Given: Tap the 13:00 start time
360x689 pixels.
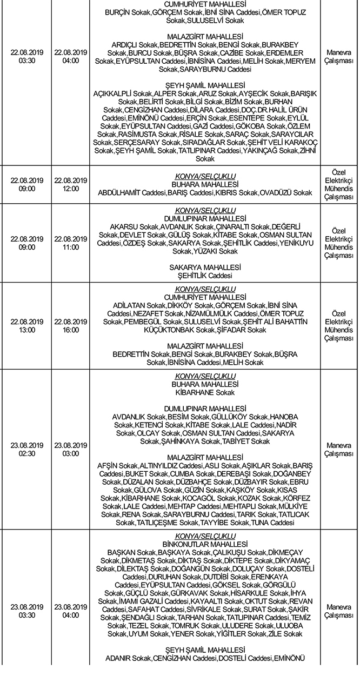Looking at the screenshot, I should [26, 330].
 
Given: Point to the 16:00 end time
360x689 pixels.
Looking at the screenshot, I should [71, 330].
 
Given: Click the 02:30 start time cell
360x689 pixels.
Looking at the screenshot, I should [26, 453].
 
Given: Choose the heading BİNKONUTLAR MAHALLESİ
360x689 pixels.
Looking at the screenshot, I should [205, 544].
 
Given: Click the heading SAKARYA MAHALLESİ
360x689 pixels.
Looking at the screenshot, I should [205, 267].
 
